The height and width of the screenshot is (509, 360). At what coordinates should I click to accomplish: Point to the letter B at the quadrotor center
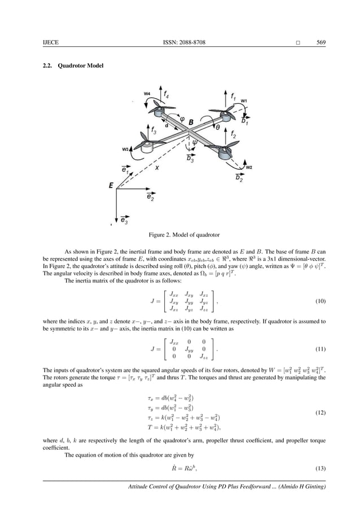[x=191, y=121]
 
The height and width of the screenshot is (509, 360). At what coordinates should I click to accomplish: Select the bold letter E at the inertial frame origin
[x=111, y=185]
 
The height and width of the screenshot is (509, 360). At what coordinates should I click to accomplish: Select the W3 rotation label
[x=125, y=149]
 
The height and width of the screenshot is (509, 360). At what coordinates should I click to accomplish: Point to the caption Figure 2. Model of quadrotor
[x=180, y=234]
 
